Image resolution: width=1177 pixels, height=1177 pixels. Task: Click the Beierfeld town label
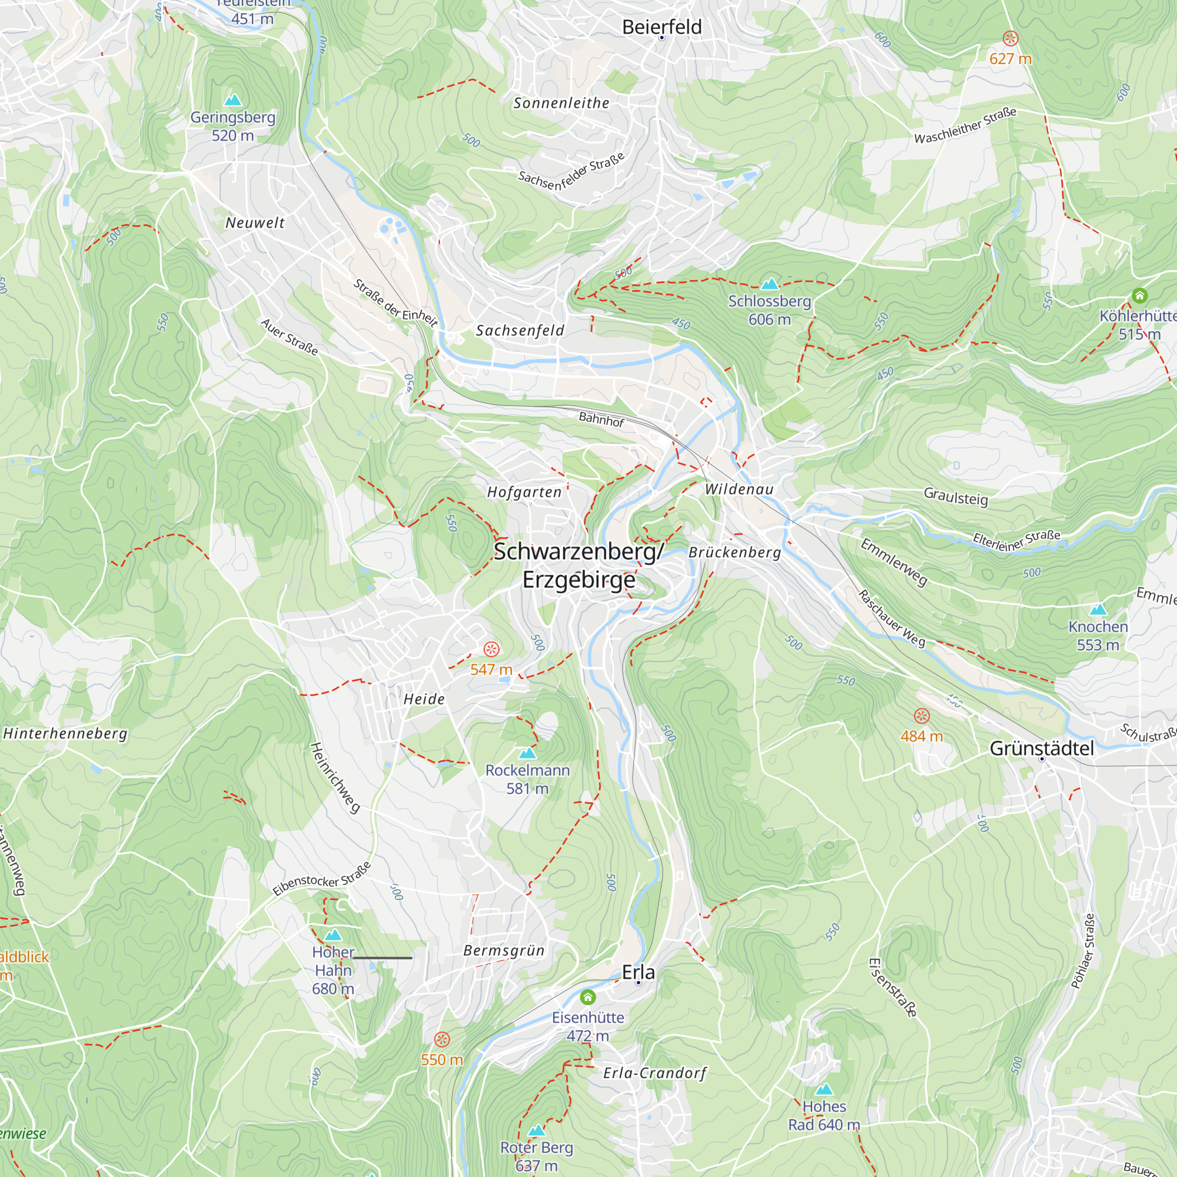(x=661, y=27)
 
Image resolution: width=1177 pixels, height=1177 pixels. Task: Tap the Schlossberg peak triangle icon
(x=770, y=283)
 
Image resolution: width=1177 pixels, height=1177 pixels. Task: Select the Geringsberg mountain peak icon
(x=232, y=100)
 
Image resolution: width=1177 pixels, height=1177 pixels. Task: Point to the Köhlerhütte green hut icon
(x=1140, y=295)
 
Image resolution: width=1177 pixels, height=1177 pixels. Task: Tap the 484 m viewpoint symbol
(x=922, y=716)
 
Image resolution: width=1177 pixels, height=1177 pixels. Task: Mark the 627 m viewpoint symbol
(x=1010, y=39)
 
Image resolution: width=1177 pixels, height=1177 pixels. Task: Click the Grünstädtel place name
(x=1042, y=748)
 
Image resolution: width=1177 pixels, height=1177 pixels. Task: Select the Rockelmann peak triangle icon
(x=527, y=753)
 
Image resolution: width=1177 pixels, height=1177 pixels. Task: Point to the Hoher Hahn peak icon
(x=333, y=935)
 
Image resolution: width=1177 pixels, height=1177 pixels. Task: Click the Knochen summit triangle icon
(x=1098, y=609)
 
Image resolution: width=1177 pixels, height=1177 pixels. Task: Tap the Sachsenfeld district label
(x=520, y=330)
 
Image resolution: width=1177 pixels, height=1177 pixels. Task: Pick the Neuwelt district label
(x=255, y=223)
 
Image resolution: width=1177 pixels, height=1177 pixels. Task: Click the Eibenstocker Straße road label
(x=322, y=879)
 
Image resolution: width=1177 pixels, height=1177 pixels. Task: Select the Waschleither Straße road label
(x=965, y=125)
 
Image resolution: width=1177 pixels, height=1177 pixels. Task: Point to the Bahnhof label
(x=601, y=419)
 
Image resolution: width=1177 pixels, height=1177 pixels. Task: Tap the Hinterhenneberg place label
(x=65, y=733)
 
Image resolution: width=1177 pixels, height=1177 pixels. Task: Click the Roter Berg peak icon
(x=536, y=1131)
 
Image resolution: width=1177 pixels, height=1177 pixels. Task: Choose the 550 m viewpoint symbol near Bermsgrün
(x=442, y=1039)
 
